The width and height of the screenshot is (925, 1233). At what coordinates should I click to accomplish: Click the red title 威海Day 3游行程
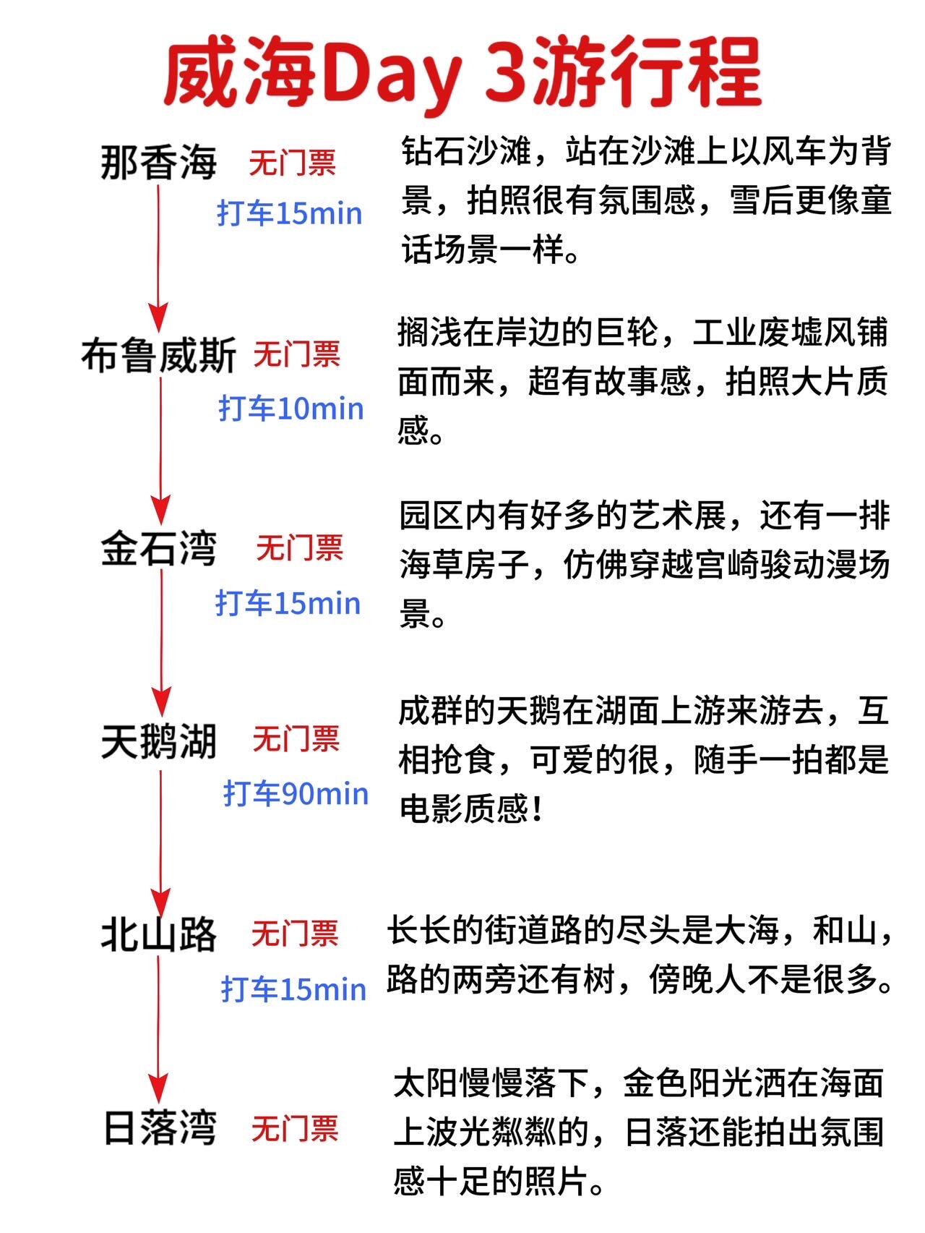coord(462,72)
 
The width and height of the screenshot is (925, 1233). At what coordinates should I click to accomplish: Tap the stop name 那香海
coord(158,163)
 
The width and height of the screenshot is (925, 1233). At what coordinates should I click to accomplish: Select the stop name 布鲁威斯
coord(158,357)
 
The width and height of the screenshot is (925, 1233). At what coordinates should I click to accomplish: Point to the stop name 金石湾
coord(158,549)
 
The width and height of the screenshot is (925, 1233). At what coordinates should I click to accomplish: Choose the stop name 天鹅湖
coord(158,741)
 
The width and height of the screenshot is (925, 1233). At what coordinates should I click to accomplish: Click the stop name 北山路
coord(158,934)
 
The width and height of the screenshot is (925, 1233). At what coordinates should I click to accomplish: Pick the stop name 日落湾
coord(160,1128)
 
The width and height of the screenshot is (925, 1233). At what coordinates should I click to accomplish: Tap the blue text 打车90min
coord(296,794)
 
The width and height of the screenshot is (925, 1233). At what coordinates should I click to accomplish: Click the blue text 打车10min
coord(291,409)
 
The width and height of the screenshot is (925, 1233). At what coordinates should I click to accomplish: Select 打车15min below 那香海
coord(290,214)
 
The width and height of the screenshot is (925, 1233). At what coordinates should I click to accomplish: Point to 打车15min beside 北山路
coord(293,989)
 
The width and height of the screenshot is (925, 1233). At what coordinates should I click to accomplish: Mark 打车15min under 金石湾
coord(288,603)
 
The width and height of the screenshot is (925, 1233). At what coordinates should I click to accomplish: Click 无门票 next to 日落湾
coord(295,1128)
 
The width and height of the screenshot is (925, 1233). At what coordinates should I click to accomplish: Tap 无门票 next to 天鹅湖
coord(296,739)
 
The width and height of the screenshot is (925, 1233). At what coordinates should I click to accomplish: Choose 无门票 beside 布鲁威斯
coord(297,354)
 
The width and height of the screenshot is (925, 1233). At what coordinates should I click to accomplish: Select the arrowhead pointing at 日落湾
coord(158,1088)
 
